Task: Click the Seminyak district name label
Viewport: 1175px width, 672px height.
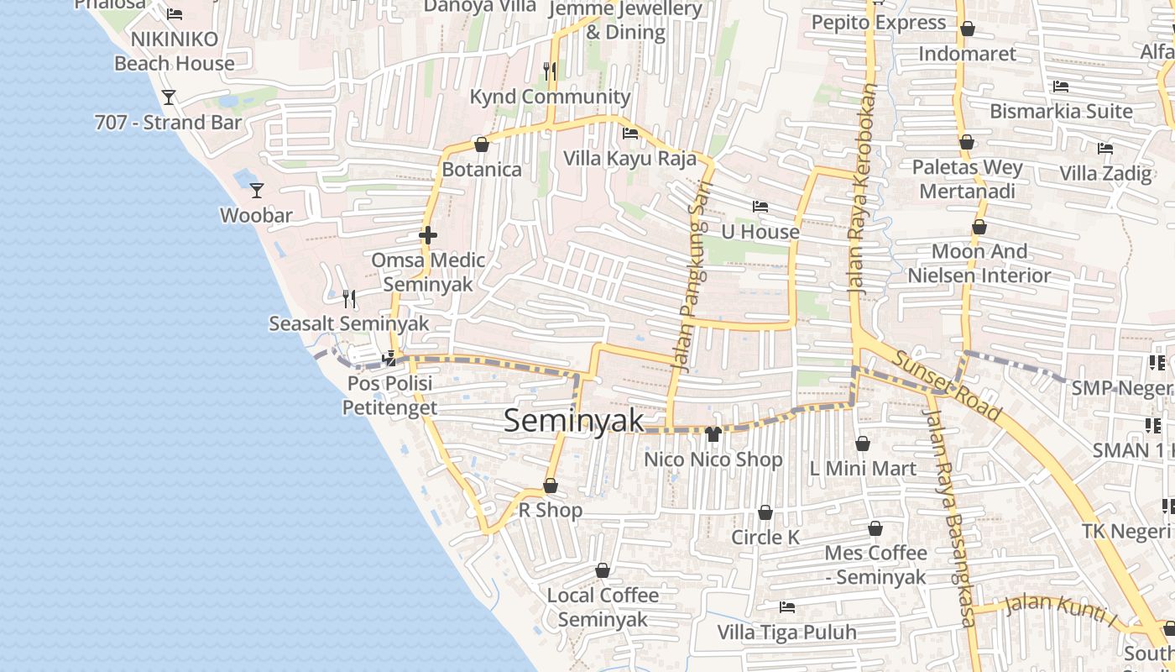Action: click(574, 421)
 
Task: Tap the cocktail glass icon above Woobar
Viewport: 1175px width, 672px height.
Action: click(257, 191)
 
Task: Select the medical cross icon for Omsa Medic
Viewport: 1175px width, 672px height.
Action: click(428, 235)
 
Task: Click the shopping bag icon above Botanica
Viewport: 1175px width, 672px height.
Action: click(482, 145)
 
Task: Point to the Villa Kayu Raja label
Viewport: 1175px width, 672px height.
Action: click(629, 159)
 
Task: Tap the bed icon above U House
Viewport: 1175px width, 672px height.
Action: click(760, 207)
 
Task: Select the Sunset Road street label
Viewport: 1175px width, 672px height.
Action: click(947, 386)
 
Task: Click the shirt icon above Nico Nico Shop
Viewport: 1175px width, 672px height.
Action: click(713, 434)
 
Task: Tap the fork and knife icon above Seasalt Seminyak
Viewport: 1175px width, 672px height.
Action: click(349, 298)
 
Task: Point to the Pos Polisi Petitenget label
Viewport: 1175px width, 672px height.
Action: click(389, 396)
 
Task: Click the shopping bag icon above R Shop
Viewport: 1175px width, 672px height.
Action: click(551, 486)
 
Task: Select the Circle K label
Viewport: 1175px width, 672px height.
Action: click(765, 537)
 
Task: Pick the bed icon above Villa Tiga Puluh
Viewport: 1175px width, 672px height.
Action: click(787, 607)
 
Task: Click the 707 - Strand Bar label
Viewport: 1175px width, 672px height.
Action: click(168, 123)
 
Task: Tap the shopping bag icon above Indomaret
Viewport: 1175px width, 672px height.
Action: click(967, 29)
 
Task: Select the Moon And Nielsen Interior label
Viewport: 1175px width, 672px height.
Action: click(979, 263)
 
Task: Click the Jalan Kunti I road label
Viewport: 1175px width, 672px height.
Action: click(1063, 610)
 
